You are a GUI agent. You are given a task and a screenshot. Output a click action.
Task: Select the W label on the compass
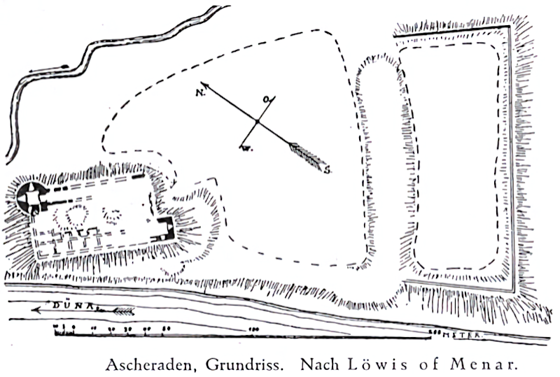[245, 148]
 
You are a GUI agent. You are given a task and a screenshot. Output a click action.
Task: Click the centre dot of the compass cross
[257, 123]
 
